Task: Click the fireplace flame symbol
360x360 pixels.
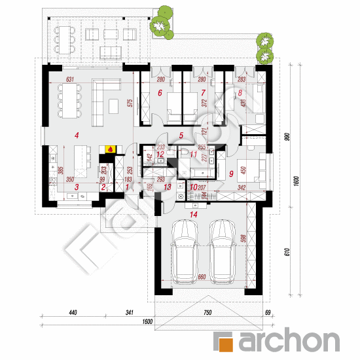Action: coord(109,149)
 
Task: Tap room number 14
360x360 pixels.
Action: coord(192,213)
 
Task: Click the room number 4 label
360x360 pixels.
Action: coord(77,135)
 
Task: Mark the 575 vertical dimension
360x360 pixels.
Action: coord(131,102)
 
